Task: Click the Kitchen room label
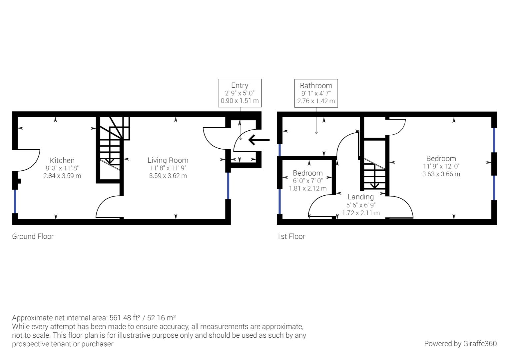62,160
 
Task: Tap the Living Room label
168,160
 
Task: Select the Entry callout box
240,93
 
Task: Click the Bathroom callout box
316,93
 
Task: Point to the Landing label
360,197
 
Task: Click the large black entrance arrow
258,140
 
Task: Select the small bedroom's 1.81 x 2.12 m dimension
307,188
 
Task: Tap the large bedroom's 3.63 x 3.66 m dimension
441,174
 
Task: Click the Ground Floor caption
33,236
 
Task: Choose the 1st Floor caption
291,236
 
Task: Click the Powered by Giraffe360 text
460,344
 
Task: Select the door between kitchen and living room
107,207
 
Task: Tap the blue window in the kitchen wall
15,201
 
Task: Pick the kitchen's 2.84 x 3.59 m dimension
62,176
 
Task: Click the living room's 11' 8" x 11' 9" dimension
168,168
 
